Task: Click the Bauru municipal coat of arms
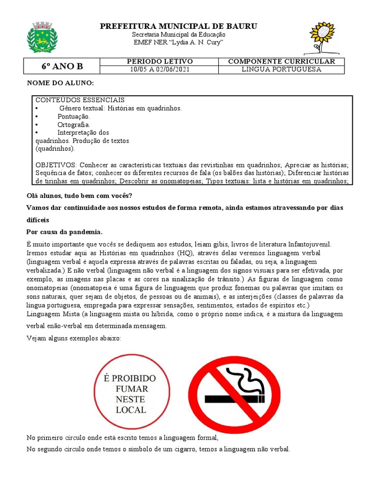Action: coord(42,37)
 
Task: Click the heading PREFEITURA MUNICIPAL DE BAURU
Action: coord(178,26)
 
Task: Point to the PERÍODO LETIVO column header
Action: coord(159,62)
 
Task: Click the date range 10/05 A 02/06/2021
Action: coord(159,69)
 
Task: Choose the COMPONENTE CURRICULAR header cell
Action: coord(281,62)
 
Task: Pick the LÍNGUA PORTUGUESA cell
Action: coord(281,69)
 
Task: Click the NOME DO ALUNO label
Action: coord(60,83)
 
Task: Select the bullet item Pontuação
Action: coord(74,117)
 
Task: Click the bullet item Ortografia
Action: coord(74,125)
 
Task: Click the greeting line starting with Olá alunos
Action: coord(79,195)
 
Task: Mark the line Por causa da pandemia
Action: coord(65,231)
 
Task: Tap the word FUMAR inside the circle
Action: coord(132,389)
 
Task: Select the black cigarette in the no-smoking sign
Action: coord(234,399)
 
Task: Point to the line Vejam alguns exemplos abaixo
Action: coord(74,338)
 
